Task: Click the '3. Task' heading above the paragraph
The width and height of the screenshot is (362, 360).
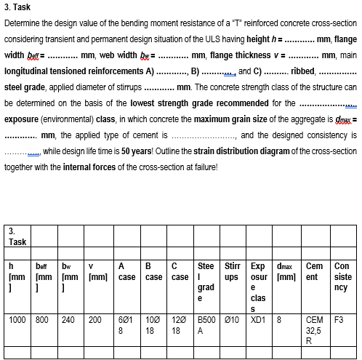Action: (17, 8)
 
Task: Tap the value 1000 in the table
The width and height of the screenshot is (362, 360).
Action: (17, 319)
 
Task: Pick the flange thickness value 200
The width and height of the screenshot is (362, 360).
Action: (95, 319)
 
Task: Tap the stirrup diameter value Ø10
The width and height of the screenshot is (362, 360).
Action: (233, 319)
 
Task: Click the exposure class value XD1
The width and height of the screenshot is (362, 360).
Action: (258, 319)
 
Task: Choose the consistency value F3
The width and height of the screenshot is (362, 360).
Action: (337, 319)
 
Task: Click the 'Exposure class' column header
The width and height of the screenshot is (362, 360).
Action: (259, 286)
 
